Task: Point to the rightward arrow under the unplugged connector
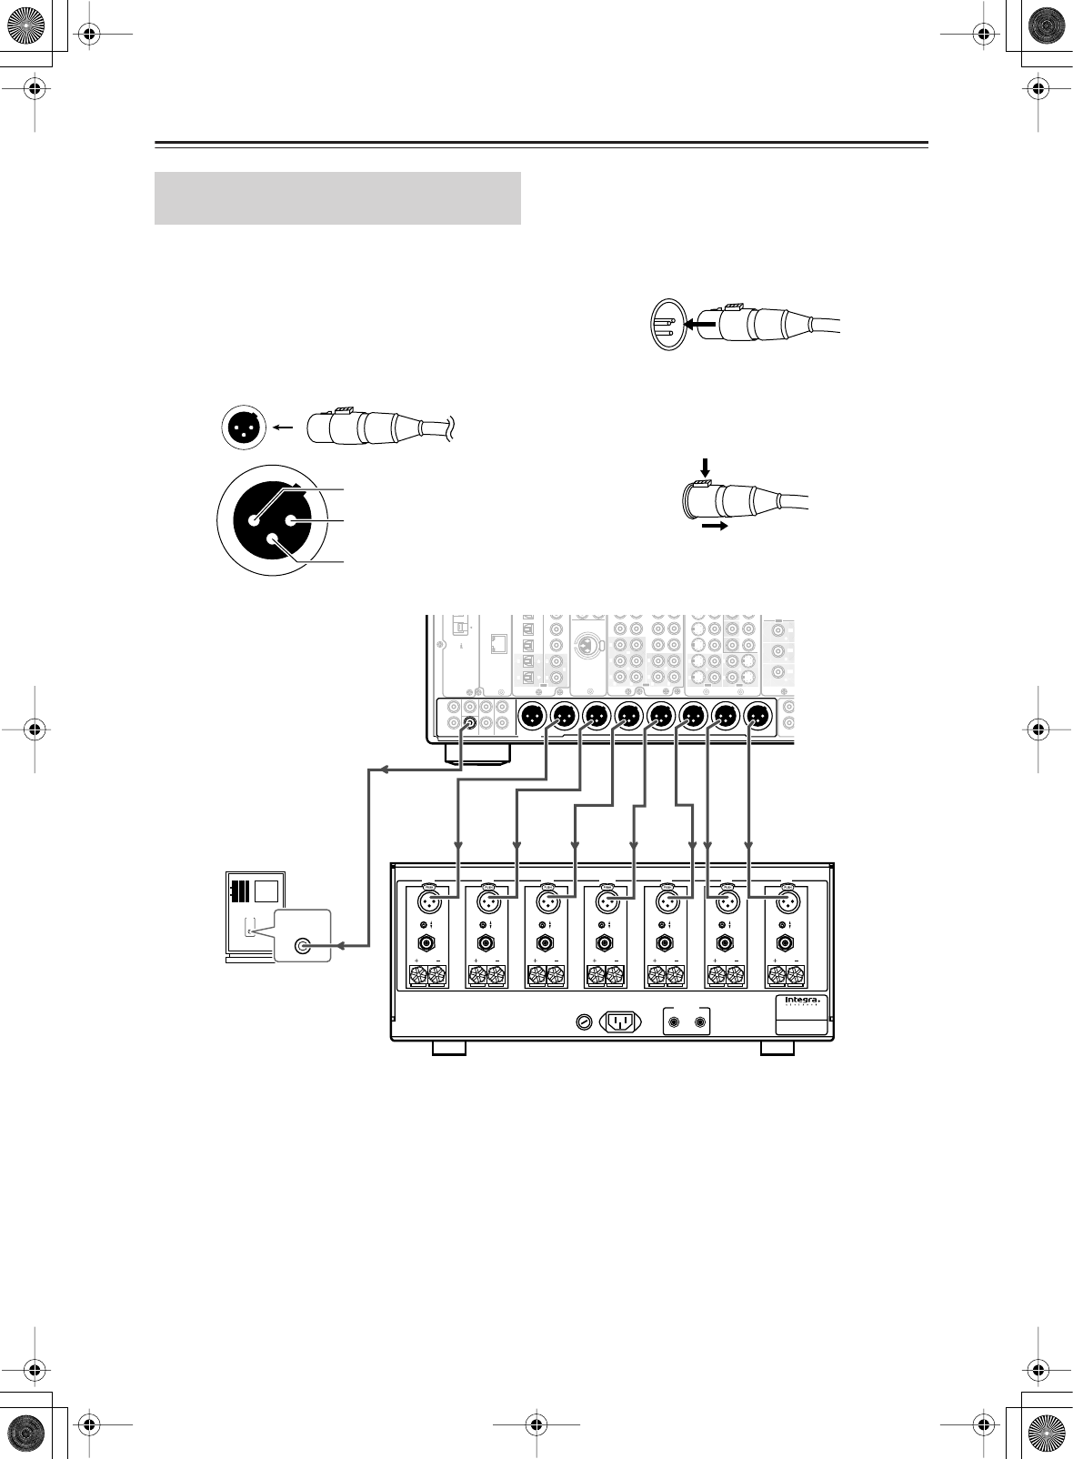[x=716, y=526]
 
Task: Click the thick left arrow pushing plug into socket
[x=699, y=323]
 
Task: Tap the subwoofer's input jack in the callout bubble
[x=302, y=946]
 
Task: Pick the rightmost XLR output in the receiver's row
[x=757, y=717]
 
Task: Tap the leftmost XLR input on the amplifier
[x=430, y=903]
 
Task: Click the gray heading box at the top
[x=337, y=197]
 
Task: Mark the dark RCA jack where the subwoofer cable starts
[x=469, y=725]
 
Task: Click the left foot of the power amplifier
[x=449, y=1048]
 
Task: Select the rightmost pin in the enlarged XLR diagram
[x=292, y=520]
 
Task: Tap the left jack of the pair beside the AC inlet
[x=675, y=1021]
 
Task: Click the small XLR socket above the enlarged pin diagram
[x=244, y=427]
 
